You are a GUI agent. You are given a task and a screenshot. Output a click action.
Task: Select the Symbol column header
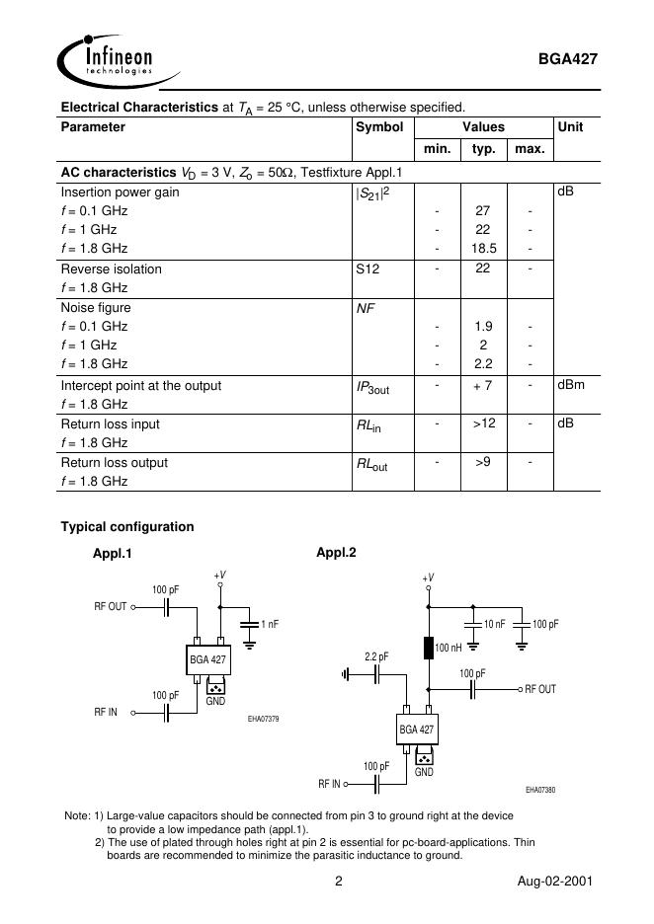coord(379,127)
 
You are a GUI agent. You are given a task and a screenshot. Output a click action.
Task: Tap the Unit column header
coord(570,127)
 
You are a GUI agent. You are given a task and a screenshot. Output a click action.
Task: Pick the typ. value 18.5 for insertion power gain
coord(483,249)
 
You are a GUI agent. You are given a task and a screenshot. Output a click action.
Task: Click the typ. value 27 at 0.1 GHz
coord(483,211)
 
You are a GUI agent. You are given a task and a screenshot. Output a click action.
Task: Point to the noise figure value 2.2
coord(483,364)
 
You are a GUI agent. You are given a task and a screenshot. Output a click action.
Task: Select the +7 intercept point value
coord(483,385)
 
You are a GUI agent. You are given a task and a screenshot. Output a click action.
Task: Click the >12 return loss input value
coord(483,423)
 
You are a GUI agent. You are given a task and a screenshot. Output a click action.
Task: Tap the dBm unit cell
coord(571,385)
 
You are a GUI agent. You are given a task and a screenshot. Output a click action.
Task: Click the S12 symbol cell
coord(368,269)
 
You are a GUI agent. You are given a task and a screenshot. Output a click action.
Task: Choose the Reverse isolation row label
coord(112,269)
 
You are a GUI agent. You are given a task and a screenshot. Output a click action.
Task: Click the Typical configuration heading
coord(127,527)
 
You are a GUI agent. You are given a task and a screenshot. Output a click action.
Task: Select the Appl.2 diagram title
coord(336,552)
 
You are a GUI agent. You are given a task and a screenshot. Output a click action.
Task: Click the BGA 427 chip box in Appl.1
coord(207,658)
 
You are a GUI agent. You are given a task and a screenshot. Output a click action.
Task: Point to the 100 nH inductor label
coord(450,647)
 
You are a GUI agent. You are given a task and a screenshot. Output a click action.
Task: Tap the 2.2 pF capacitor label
coord(376,656)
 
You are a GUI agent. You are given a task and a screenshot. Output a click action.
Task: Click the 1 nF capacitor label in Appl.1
coord(270,624)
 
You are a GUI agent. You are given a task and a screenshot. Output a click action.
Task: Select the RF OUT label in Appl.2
coord(540,689)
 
